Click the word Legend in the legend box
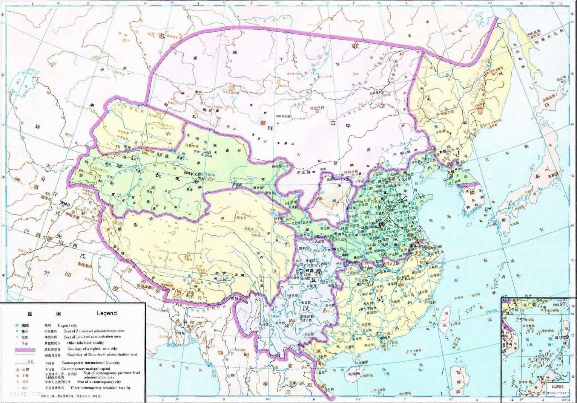107,313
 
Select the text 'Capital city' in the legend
67,325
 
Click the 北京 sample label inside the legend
24,369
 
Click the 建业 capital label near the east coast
415,246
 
